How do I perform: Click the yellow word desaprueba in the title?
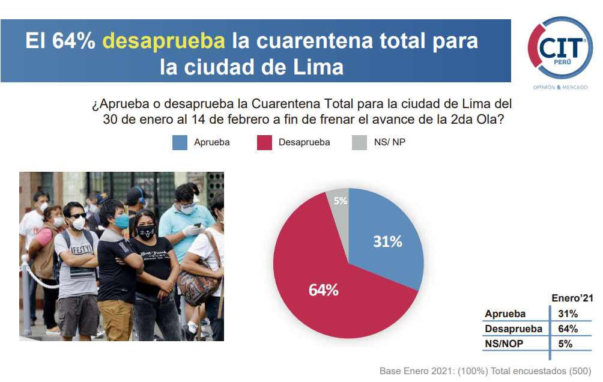pos(163,41)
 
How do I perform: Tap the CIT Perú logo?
pos(560,47)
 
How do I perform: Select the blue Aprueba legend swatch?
pos(180,143)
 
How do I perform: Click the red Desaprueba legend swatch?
pos(264,143)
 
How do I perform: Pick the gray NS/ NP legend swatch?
pos(359,143)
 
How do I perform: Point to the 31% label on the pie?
pos(387,241)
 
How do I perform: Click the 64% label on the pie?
pos(323,290)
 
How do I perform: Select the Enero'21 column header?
pos(572,298)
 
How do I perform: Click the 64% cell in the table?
pos(568,329)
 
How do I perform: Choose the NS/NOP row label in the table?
pos(504,344)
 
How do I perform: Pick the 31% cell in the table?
pos(568,314)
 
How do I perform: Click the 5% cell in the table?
pos(565,344)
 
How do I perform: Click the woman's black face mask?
pos(147,232)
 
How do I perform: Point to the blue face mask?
pos(122,221)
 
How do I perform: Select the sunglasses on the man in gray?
pos(77,216)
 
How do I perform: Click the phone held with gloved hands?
pos(198,225)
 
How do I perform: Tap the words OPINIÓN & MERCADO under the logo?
pos(560,87)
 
